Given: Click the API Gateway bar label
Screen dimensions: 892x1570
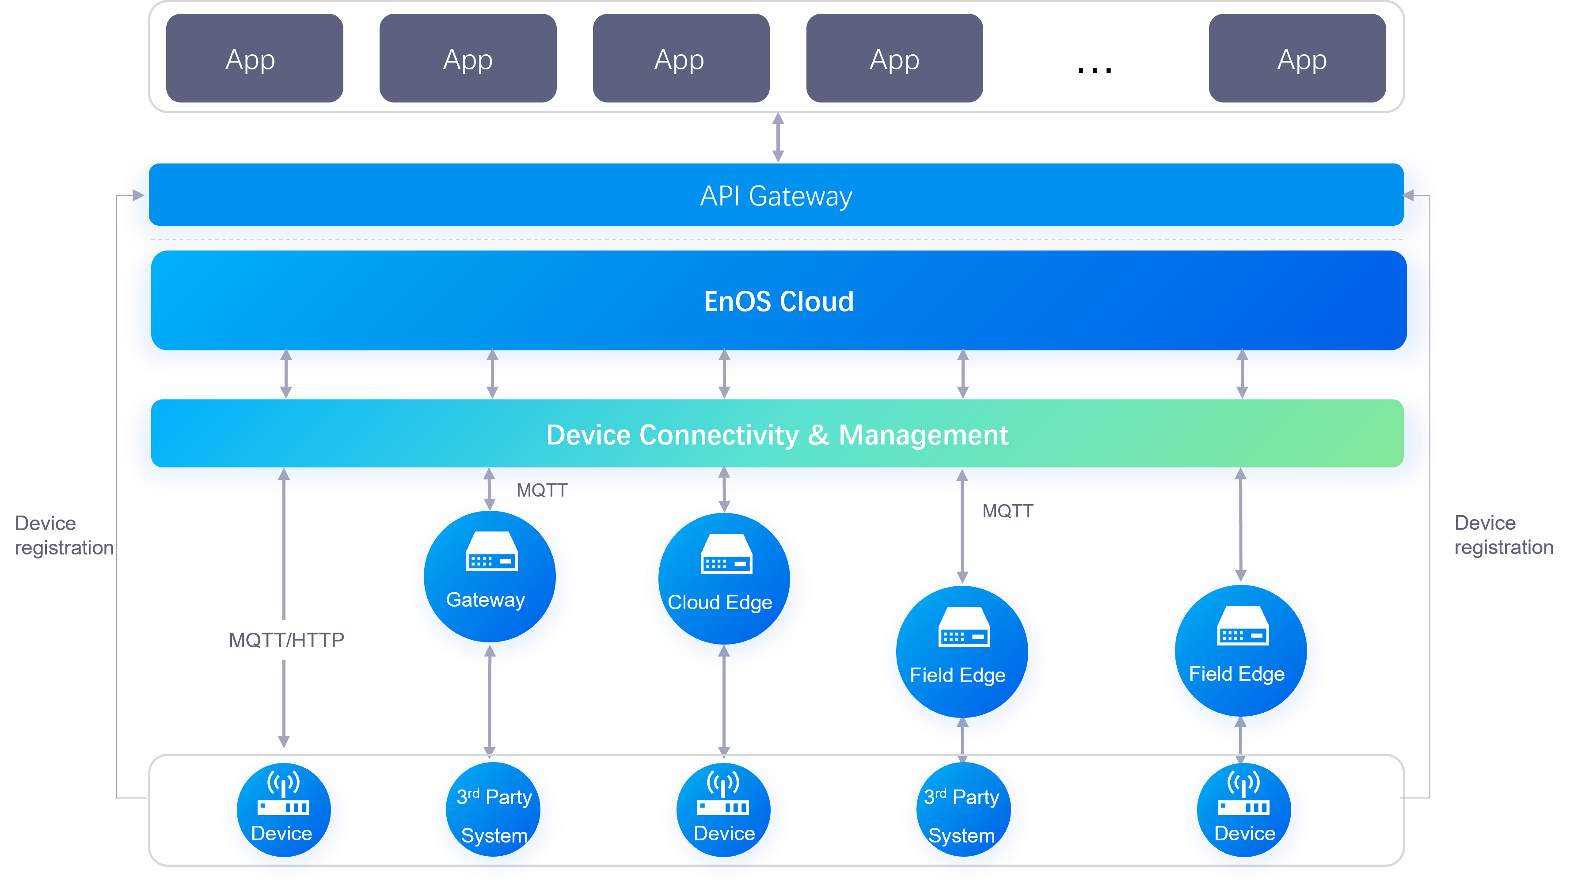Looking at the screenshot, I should [775, 196].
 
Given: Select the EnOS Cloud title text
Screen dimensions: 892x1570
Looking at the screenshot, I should [778, 301].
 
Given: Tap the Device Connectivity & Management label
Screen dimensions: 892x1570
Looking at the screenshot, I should [777, 435].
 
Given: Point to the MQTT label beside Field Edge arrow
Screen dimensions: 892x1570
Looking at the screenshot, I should [1007, 511].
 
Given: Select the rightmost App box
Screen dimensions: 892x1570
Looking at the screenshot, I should [1297, 59].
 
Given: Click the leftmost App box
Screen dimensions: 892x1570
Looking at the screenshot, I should [254, 59].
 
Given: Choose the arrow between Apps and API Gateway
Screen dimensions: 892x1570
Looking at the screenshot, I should [778, 137].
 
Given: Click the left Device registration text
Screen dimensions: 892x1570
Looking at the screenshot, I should [64, 535].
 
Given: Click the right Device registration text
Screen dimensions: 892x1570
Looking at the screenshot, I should [1503, 535].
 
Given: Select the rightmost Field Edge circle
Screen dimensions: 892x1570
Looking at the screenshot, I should [1242, 659].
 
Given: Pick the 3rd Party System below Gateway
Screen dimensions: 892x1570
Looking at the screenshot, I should [494, 816].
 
